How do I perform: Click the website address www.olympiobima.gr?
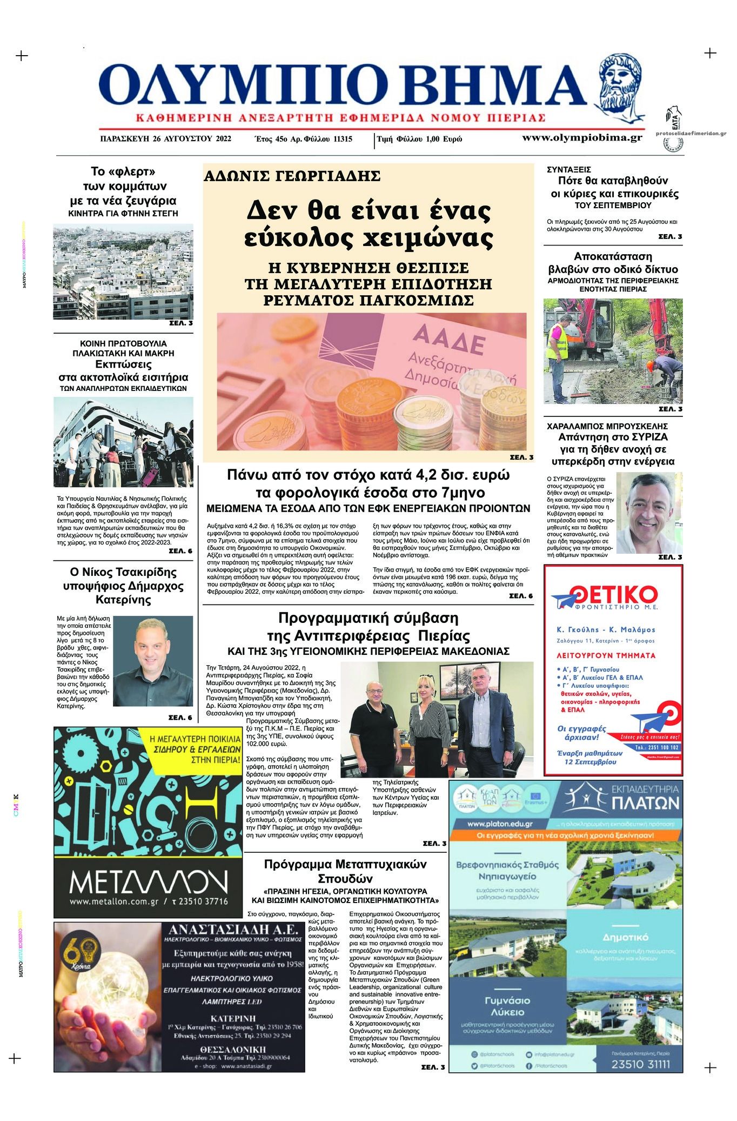coord(582,138)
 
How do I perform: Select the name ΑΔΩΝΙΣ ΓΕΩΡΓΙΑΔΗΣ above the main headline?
coord(292,176)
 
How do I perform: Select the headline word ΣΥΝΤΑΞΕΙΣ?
coord(569,169)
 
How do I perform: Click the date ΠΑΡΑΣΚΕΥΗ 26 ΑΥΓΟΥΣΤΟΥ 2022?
coord(166,139)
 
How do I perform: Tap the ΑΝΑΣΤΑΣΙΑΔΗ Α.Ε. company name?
coord(233,930)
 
